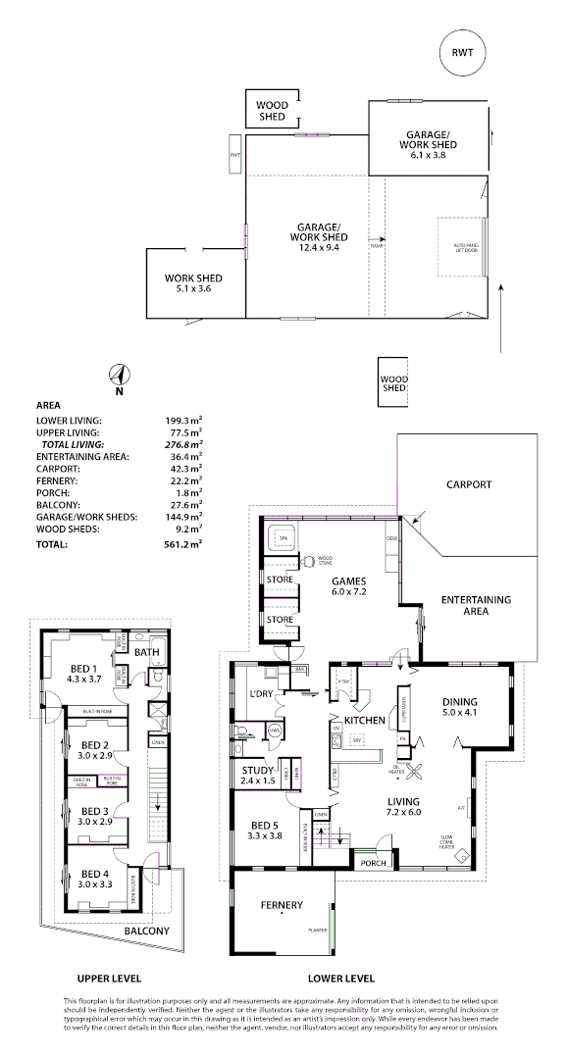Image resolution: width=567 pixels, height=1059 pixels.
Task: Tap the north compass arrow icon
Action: [119, 376]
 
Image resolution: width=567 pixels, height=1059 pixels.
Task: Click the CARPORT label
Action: [469, 484]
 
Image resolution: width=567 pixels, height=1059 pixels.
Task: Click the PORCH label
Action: [373, 863]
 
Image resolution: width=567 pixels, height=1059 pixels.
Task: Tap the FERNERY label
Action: [282, 904]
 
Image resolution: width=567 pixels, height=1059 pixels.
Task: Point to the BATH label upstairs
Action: [147, 651]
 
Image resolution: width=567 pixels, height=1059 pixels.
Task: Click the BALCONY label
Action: [146, 931]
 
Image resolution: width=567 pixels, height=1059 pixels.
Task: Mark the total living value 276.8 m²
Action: [184, 444]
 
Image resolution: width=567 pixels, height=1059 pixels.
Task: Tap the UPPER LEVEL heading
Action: [109, 978]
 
